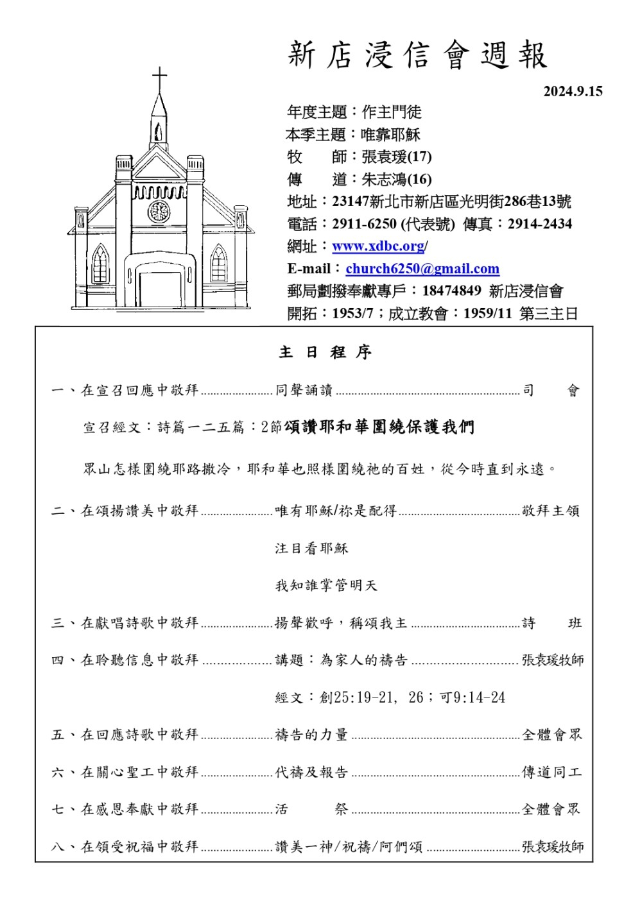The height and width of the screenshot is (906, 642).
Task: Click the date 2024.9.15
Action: [x=573, y=91]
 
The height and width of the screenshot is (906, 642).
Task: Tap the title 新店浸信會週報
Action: [x=417, y=55]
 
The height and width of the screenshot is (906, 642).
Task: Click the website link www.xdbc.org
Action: [x=378, y=246]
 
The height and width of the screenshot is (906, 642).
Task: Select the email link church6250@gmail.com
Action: [x=422, y=269]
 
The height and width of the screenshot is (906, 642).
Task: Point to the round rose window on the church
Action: [x=159, y=210]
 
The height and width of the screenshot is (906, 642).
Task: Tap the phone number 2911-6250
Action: [x=364, y=224]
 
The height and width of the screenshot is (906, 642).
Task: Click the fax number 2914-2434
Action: [x=539, y=224]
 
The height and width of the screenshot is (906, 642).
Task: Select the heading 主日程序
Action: [x=325, y=352]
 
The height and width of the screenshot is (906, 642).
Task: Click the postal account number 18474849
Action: [x=451, y=291]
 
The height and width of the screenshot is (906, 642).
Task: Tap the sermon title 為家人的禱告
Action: [x=364, y=660]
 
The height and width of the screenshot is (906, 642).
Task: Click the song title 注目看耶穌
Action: [x=311, y=548]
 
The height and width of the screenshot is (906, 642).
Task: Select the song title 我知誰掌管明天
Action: [x=326, y=585]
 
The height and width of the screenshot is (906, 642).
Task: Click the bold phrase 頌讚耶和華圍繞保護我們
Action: [x=379, y=427]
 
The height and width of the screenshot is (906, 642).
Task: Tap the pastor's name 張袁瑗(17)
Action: [x=396, y=157]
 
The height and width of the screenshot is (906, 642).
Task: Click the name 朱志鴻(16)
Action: [x=396, y=179]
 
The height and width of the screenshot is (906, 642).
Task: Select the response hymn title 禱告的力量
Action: [x=311, y=735]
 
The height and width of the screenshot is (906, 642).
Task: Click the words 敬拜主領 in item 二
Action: [x=551, y=511]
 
